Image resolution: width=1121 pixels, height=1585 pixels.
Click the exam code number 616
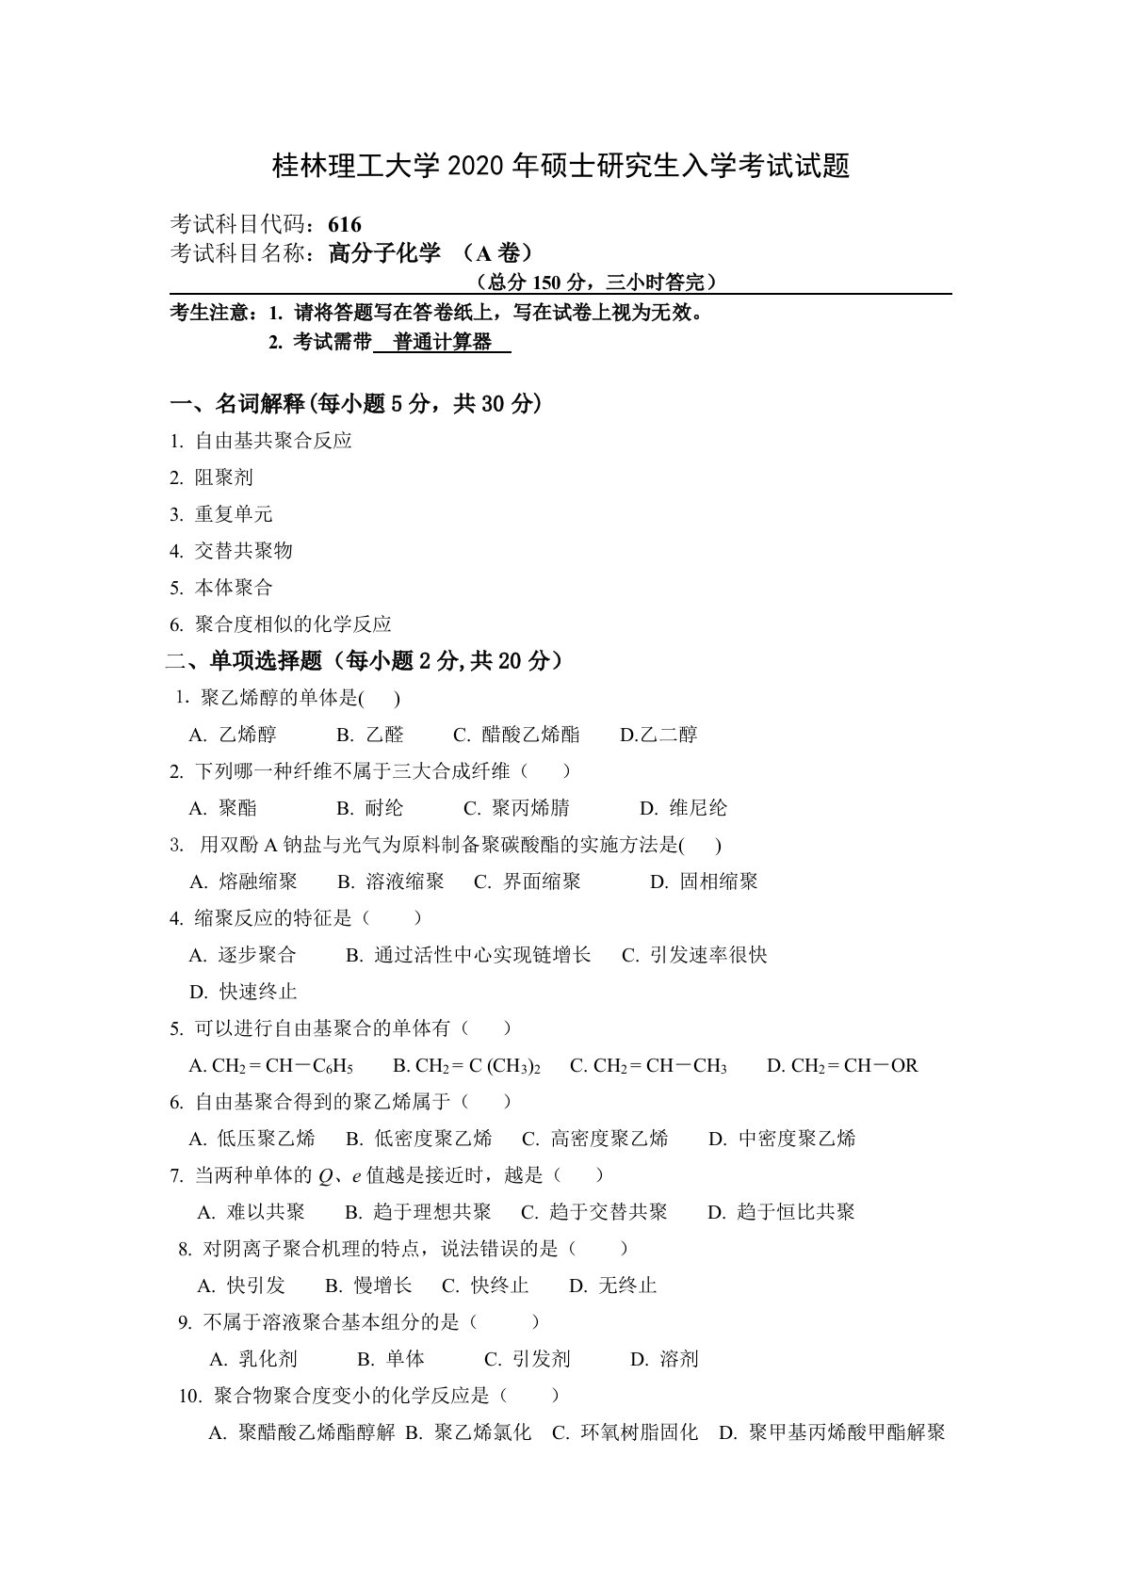coord(346,224)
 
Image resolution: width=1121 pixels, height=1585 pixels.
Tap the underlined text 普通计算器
coord(443,343)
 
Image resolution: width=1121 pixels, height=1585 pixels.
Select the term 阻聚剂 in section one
coord(224,477)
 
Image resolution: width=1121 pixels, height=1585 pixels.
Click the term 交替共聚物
coord(244,551)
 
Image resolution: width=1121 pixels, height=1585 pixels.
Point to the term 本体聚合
coord(234,588)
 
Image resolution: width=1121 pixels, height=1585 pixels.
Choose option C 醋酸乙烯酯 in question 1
coord(530,735)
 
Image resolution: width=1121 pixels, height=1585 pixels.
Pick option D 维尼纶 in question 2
coord(698,808)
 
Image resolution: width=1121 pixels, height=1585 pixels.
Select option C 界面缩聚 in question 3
coord(542,881)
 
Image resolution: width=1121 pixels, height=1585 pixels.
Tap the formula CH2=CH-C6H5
coord(283,1066)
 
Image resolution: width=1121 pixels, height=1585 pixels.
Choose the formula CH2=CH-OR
coord(854,1066)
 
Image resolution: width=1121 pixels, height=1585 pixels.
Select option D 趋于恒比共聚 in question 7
coord(795,1212)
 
